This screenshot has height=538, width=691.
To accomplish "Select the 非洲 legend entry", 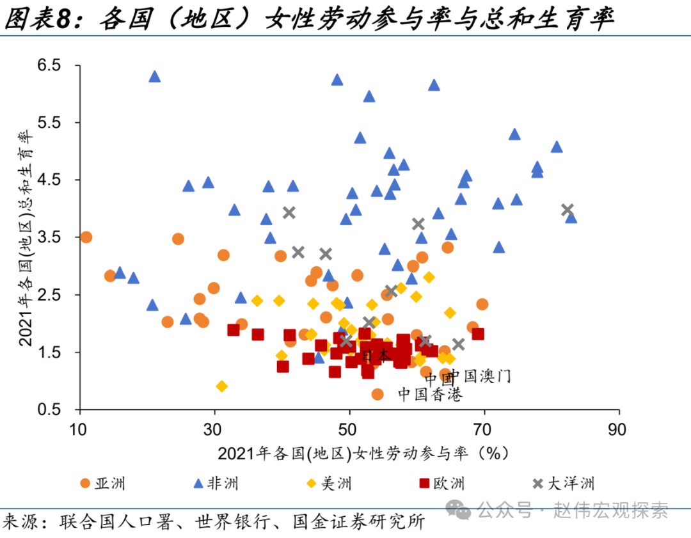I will click(x=222, y=483).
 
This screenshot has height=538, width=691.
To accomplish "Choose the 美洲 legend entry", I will click(x=336, y=483).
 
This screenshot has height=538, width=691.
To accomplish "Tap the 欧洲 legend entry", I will click(x=449, y=483).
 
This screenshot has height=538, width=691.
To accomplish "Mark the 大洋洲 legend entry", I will click(x=570, y=483).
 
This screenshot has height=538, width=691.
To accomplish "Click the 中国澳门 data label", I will click(x=479, y=376).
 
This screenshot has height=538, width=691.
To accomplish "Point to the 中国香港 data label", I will click(x=430, y=394).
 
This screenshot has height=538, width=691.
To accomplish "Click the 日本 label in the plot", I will click(x=375, y=355).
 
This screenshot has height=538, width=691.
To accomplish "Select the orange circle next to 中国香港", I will click(x=377, y=394).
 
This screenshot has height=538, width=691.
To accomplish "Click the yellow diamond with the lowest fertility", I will click(x=222, y=386).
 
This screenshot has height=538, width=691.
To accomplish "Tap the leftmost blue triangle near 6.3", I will click(x=154, y=77).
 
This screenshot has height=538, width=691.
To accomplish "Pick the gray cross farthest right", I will click(x=567, y=209).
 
